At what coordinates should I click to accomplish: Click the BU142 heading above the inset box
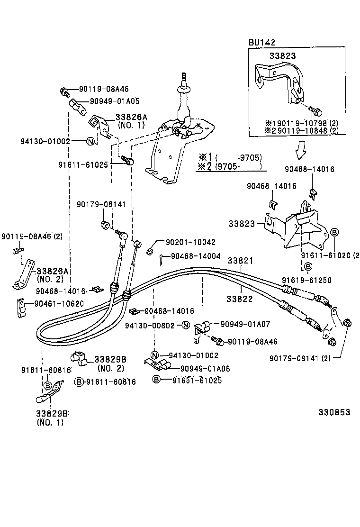(x=262, y=43)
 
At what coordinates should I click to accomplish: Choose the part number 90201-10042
(x=190, y=242)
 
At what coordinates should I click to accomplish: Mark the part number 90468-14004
(x=196, y=256)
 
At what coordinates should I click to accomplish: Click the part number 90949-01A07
(x=245, y=324)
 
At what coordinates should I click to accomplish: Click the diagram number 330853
(x=334, y=412)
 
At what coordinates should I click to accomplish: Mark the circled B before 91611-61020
(x=334, y=232)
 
